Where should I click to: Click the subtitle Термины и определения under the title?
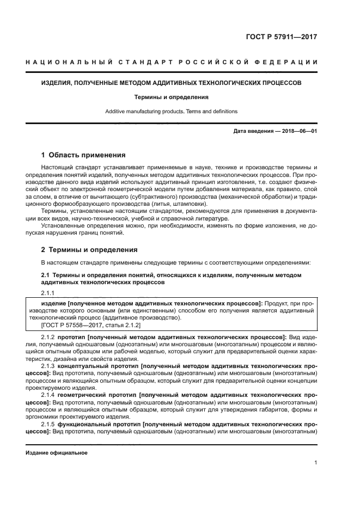click(172, 97)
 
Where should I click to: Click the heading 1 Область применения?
click(83, 155)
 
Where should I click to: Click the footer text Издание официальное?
click(57, 453)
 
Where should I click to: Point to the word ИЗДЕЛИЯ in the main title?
click(59, 84)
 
